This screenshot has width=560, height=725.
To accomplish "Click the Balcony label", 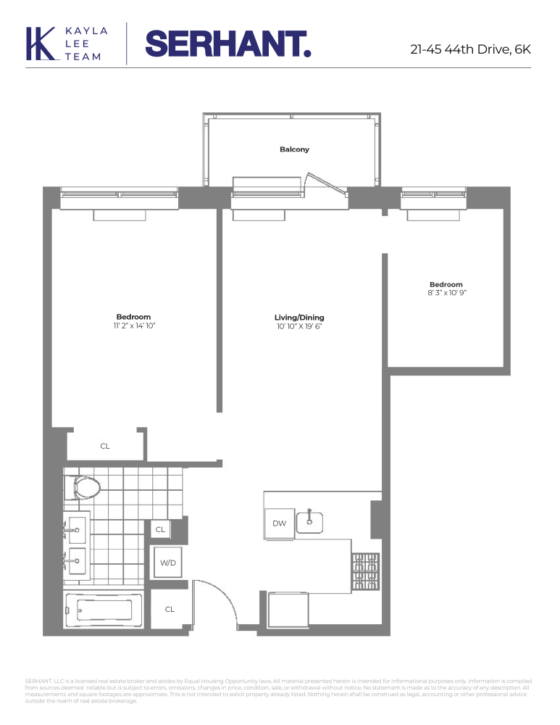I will tap(294, 149).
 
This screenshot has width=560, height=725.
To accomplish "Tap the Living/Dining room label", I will tap(298, 318).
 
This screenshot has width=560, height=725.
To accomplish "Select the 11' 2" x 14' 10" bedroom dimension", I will tap(133, 326).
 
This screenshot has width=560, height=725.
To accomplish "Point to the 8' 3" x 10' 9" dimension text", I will tap(446, 294).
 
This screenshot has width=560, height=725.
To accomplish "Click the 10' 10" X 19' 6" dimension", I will tap(298, 327).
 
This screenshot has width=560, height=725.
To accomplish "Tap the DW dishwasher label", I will tap(279, 523).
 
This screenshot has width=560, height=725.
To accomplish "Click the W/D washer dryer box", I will tap(169, 562).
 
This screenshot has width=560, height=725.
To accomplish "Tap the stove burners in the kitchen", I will tap(365, 571).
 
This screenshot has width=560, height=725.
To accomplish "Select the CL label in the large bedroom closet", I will tap(105, 446).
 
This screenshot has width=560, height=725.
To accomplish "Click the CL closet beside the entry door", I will tap(170, 609).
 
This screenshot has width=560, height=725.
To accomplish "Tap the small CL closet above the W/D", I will tap(160, 530).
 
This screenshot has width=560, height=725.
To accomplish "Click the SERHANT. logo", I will tap(228, 43).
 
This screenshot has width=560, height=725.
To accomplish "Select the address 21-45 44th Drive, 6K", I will tap(470, 49).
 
